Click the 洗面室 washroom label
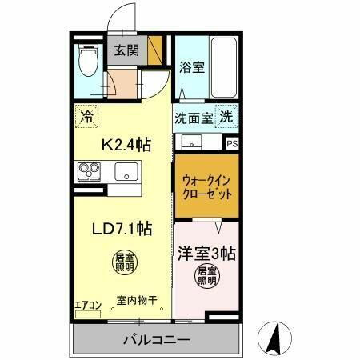[x=193, y=117]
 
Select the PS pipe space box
[x=231, y=144]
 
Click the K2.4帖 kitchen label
[x=126, y=145]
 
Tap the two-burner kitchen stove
[x=88, y=171]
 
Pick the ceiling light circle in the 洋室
[x=206, y=278]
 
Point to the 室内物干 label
[x=136, y=301]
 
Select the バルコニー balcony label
[x=156, y=339]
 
